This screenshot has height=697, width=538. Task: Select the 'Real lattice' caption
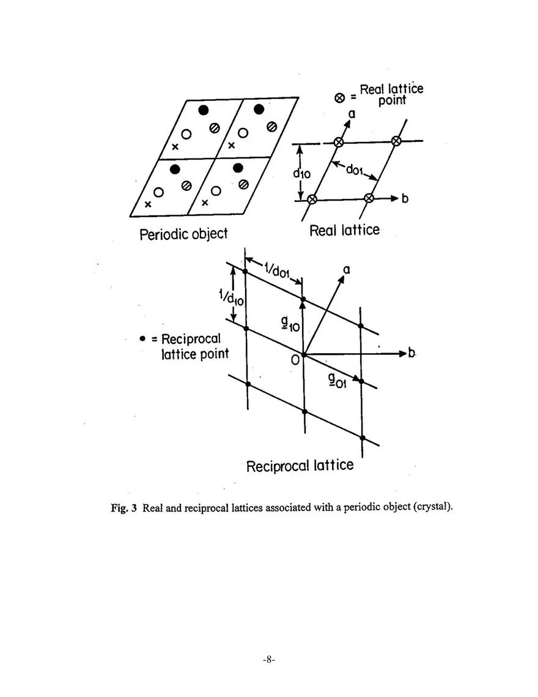(344, 230)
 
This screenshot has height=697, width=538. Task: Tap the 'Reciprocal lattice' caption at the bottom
(300, 466)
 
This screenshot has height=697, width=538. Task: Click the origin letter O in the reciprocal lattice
(295, 360)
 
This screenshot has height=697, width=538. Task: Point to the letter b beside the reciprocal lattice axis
(411, 353)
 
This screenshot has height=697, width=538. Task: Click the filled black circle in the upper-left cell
(204, 110)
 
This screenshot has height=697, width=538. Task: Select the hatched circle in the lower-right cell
(244, 184)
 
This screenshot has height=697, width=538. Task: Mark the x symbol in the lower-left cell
(147, 204)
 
